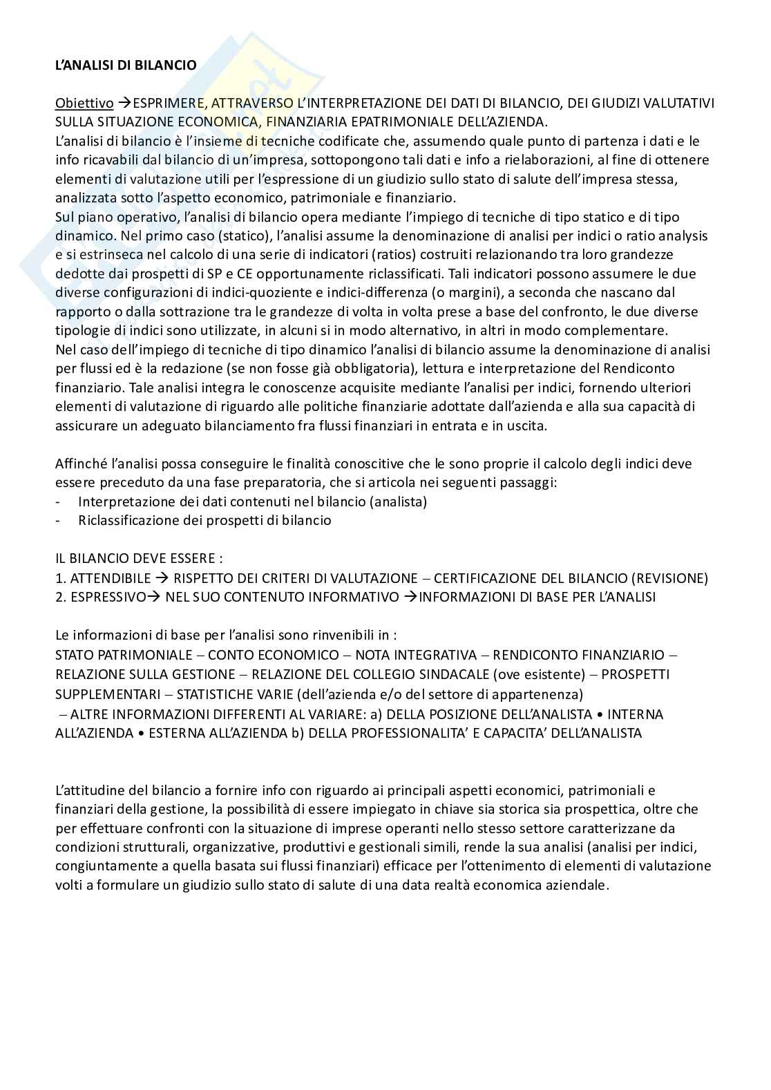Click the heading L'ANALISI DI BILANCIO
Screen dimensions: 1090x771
point(126,65)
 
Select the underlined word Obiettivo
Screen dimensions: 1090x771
point(84,104)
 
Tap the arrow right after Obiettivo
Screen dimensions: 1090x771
point(124,104)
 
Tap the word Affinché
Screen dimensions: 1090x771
point(79,463)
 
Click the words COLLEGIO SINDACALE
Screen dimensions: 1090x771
point(441,673)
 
